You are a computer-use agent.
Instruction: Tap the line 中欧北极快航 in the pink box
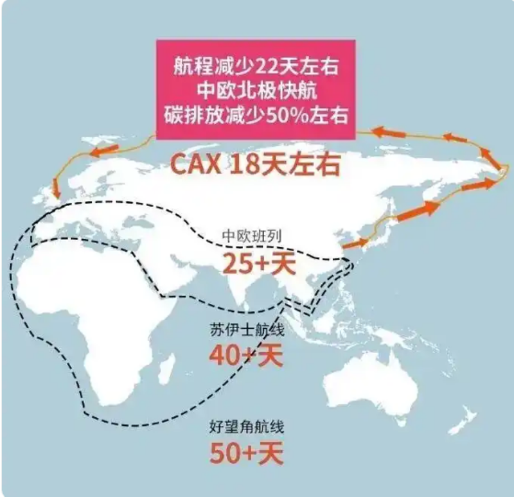click(x=256, y=91)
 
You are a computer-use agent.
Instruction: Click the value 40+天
click(x=246, y=354)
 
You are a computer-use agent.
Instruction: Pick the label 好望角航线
click(x=246, y=426)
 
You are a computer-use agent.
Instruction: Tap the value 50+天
click(x=246, y=453)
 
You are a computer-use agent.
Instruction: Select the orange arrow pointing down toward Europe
click(x=57, y=187)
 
